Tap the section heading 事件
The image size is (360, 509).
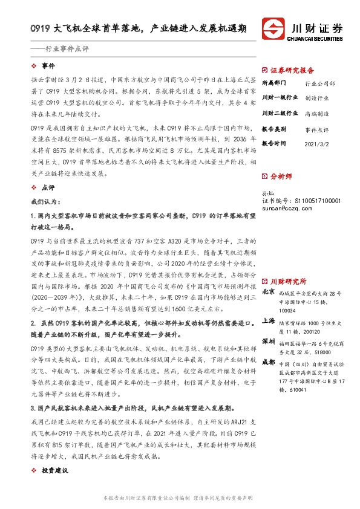tap(48, 65)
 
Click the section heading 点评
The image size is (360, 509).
tap(48, 188)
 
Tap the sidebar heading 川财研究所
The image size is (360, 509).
tap(287, 264)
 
